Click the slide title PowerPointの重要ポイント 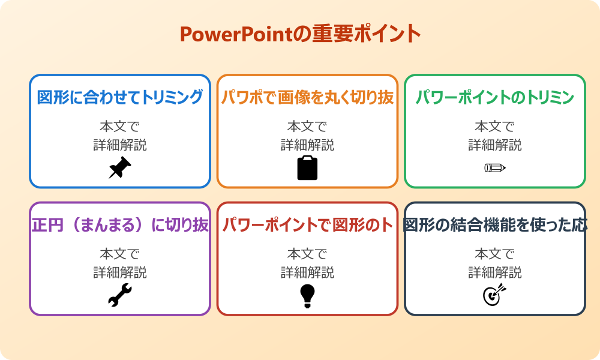[300, 34]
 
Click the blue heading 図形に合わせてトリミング [120, 97]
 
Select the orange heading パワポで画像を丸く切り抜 [307, 97]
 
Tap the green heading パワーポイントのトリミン [495, 97]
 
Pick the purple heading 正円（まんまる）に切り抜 [120, 225]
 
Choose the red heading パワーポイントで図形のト [307, 225]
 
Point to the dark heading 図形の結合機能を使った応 [495, 225]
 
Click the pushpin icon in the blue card [120, 167]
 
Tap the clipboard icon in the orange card [307, 167]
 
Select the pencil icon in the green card [495, 167]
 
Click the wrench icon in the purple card [120, 295]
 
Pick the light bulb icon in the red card [307, 295]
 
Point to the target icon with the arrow [495, 295]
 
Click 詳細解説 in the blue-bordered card [120, 145]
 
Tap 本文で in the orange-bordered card [307, 127]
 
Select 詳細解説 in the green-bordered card [495, 145]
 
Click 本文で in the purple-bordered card [120, 254]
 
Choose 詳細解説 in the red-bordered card [307, 272]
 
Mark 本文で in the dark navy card [495, 254]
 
